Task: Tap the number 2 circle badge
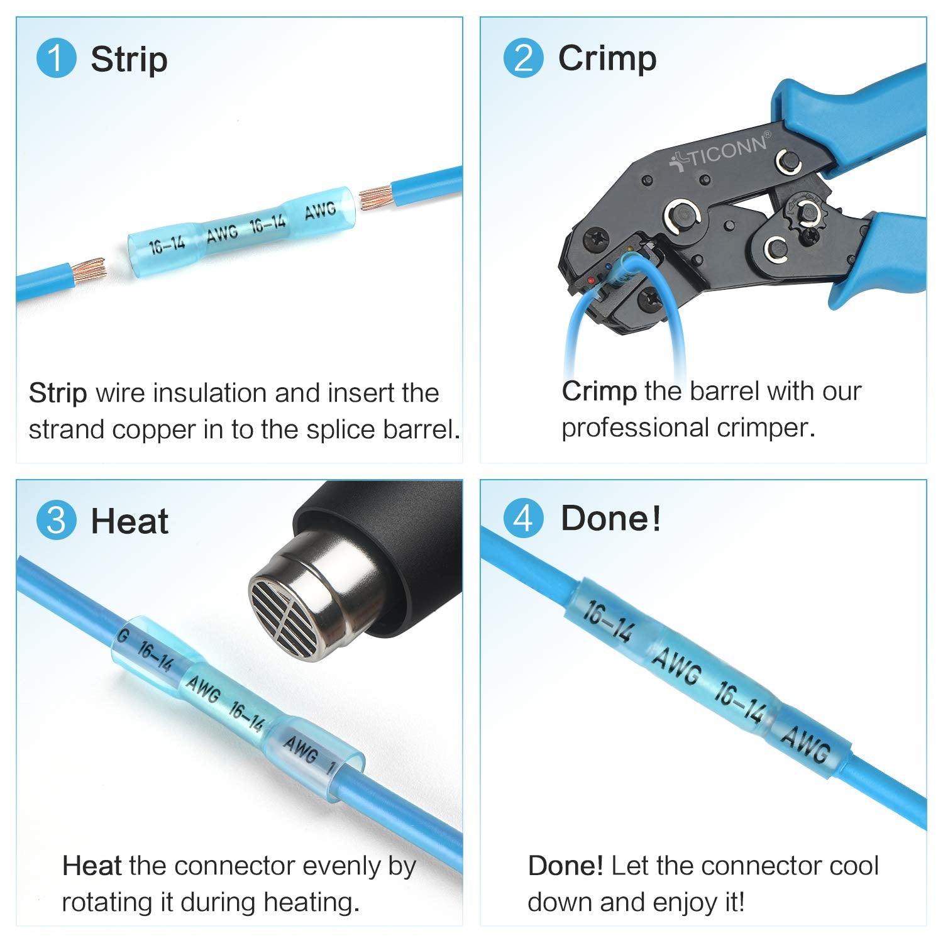point(523,58)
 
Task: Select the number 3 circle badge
point(56,521)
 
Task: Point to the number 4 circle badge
point(523,519)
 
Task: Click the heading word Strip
point(129,60)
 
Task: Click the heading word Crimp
point(607,58)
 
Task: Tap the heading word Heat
point(130,522)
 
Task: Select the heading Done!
point(610,519)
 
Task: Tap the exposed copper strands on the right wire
point(376,197)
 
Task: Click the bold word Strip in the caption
point(58,394)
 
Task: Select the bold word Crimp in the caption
point(599,392)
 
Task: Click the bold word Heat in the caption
point(92,866)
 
